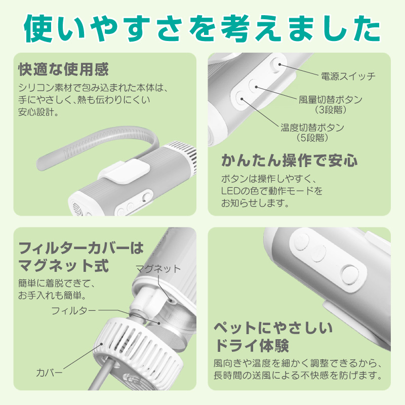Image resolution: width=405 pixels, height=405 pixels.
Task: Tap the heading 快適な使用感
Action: pyautogui.click(x=63, y=69)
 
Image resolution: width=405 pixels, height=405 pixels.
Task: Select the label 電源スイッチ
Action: pyautogui.click(x=348, y=76)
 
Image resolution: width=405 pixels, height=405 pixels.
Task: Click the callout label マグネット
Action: pyautogui.click(x=157, y=268)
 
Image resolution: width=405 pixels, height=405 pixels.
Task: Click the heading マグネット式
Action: pyautogui.click(x=63, y=265)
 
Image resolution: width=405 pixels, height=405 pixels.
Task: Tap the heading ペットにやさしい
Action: pyautogui.click(x=273, y=327)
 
